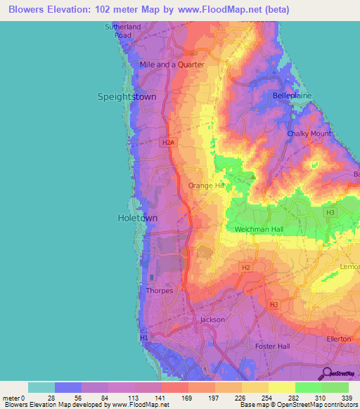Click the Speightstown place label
(127, 98)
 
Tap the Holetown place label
(136, 219)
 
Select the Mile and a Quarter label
(172, 65)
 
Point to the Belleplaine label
(291, 94)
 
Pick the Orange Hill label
(205, 186)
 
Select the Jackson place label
(212, 320)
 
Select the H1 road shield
(145, 338)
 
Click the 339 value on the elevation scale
(347, 397)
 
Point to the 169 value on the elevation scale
(187, 397)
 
